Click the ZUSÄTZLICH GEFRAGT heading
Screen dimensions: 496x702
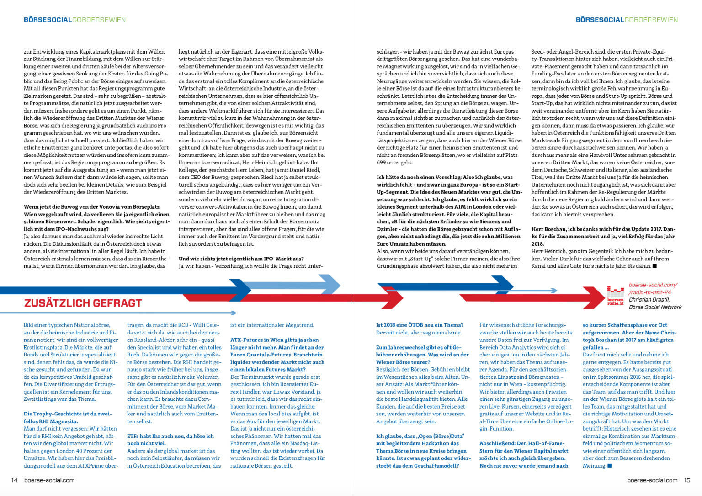(83, 303)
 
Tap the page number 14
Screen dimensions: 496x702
(14, 480)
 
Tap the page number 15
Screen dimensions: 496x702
(687, 480)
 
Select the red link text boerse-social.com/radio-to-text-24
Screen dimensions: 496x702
(653, 288)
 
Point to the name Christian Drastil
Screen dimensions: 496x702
(649, 300)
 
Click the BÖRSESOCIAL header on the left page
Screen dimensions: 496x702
(48, 20)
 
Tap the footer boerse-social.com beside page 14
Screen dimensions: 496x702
(49, 480)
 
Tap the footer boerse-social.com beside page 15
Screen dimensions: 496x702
(652, 480)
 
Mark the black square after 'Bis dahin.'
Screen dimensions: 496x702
(654, 266)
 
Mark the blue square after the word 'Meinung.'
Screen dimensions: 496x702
(609, 466)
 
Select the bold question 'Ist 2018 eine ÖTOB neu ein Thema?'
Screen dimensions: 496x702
(420, 325)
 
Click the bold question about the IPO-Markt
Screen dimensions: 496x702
(241, 259)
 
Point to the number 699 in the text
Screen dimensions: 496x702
(381, 162)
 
